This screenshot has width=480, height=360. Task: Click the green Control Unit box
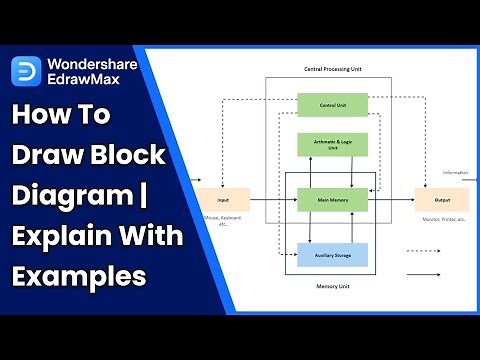point(332,104)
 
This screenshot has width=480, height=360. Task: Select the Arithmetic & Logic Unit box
point(332,144)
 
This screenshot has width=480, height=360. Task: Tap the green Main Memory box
point(332,199)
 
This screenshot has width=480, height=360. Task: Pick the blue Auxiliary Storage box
point(332,254)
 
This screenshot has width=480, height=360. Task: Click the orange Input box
point(223,199)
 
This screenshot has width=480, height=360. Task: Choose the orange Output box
point(440,199)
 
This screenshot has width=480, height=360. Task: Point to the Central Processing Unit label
point(332,70)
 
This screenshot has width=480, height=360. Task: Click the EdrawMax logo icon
point(24,71)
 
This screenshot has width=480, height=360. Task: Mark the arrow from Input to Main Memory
point(272,199)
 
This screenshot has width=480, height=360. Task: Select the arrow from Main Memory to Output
point(392,199)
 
